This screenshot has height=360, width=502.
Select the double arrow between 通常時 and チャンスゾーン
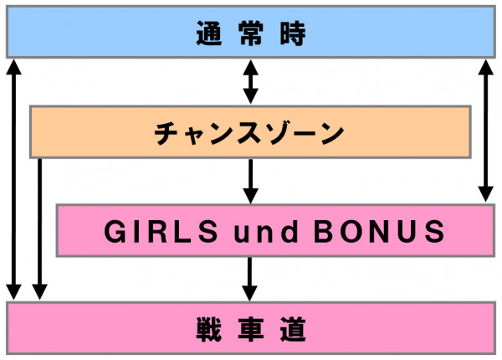(x=250, y=81)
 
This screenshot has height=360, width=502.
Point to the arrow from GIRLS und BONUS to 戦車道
(x=250, y=278)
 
